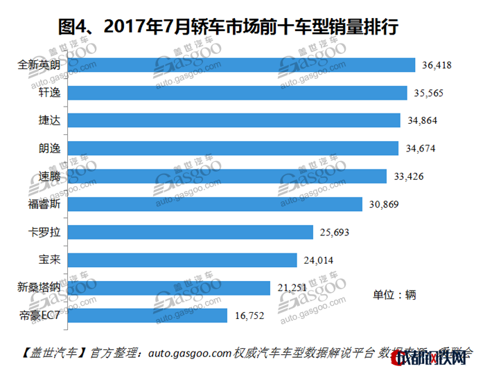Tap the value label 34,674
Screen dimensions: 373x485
(x=423, y=149)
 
